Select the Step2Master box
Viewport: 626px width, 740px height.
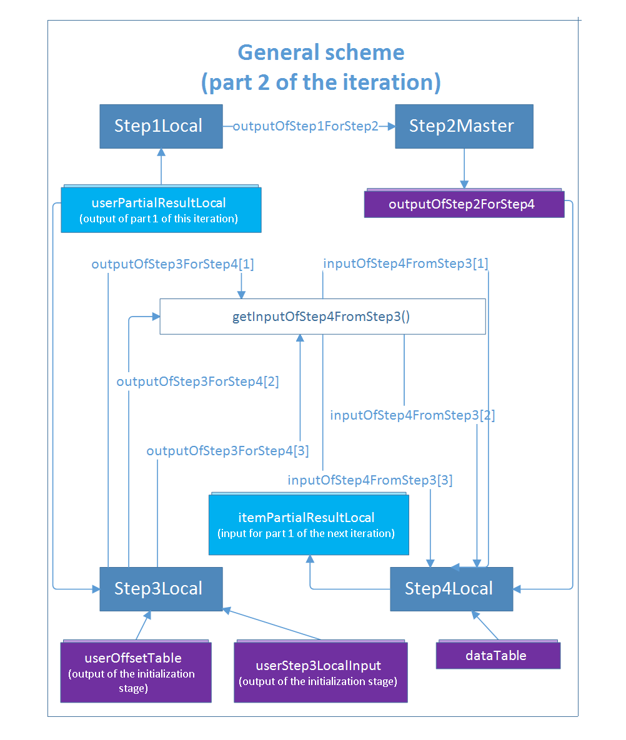[464, 126]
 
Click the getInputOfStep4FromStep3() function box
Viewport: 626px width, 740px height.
[322, 317]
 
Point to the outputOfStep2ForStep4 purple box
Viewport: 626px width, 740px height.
[464, 204]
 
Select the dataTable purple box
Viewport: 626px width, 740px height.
[497, 656]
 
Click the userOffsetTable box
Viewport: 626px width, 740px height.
[135, 671]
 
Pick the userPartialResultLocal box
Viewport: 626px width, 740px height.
[161, 210]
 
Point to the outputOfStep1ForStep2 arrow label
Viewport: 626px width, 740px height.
[306, 127]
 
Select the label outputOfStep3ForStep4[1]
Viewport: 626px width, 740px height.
[172, 264]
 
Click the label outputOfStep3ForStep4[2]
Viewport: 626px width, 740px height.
[197, 382]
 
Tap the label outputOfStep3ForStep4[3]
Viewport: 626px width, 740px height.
[227, 451]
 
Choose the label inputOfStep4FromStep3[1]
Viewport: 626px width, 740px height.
[405, 264]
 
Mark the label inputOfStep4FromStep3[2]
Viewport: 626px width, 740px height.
[412, 415]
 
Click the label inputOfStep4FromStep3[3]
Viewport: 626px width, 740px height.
[370, 481]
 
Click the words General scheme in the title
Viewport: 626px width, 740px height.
[321, 52]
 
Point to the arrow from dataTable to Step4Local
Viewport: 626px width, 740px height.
[486, 626]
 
